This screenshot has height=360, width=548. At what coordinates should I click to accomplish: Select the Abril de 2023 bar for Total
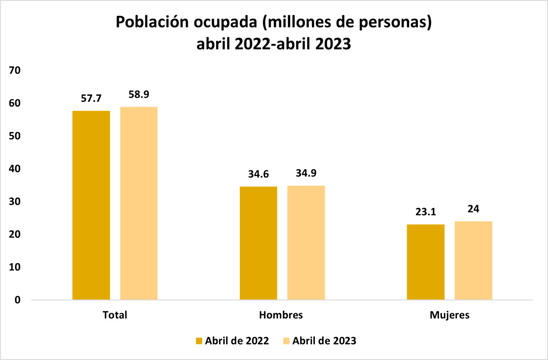[x=139, y=203]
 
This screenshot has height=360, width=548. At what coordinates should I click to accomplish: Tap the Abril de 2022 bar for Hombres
[x=258, y=243]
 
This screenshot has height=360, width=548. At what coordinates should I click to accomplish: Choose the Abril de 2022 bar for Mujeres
[x=425, y=262]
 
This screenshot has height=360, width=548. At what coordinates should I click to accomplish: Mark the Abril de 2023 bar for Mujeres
[x=473, y=261]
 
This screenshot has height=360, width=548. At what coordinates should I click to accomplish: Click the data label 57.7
[x=91, y=98]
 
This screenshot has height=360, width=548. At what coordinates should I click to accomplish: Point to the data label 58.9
[x=139, y=94]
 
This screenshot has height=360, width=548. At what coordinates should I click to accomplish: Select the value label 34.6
[x=258, y=174]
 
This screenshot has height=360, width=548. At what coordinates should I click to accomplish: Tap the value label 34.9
[x=306, y=173]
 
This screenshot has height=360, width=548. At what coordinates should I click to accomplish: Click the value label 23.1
[x=425, y=212]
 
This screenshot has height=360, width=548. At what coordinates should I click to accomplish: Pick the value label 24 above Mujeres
[x=473, y=209]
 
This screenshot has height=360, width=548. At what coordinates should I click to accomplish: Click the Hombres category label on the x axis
[x=281, y=315]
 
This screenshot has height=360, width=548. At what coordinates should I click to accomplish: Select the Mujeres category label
[x=450, y=315]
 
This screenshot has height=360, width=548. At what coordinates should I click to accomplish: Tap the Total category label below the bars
[x=115, y=315]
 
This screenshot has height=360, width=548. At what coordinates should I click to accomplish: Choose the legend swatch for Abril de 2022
[x=199, y=341]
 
